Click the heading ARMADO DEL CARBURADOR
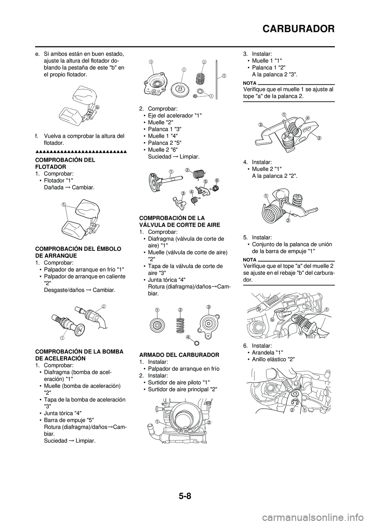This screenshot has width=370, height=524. pos(179,355)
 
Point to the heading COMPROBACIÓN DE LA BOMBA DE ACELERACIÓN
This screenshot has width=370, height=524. pos(79,355)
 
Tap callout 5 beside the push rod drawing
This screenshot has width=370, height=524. pos(224,76)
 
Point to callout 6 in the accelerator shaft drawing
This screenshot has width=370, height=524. pos(217,180)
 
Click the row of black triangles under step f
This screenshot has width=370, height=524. pos(81,152)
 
